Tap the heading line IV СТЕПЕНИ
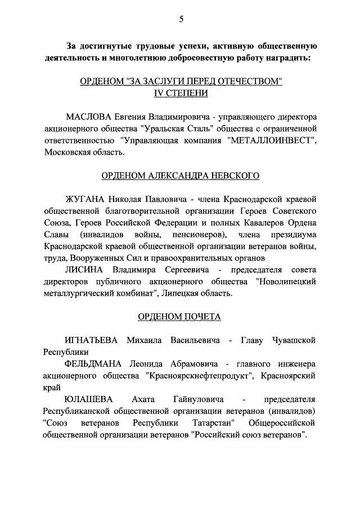180,93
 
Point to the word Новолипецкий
287,282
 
